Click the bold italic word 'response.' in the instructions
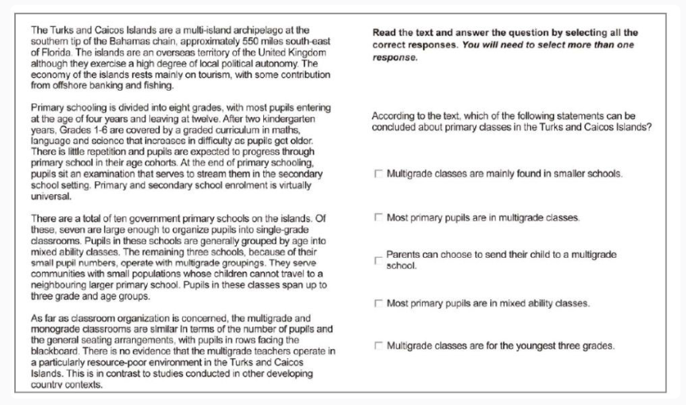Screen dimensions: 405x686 pyautogui.click(x=395, y=58)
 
